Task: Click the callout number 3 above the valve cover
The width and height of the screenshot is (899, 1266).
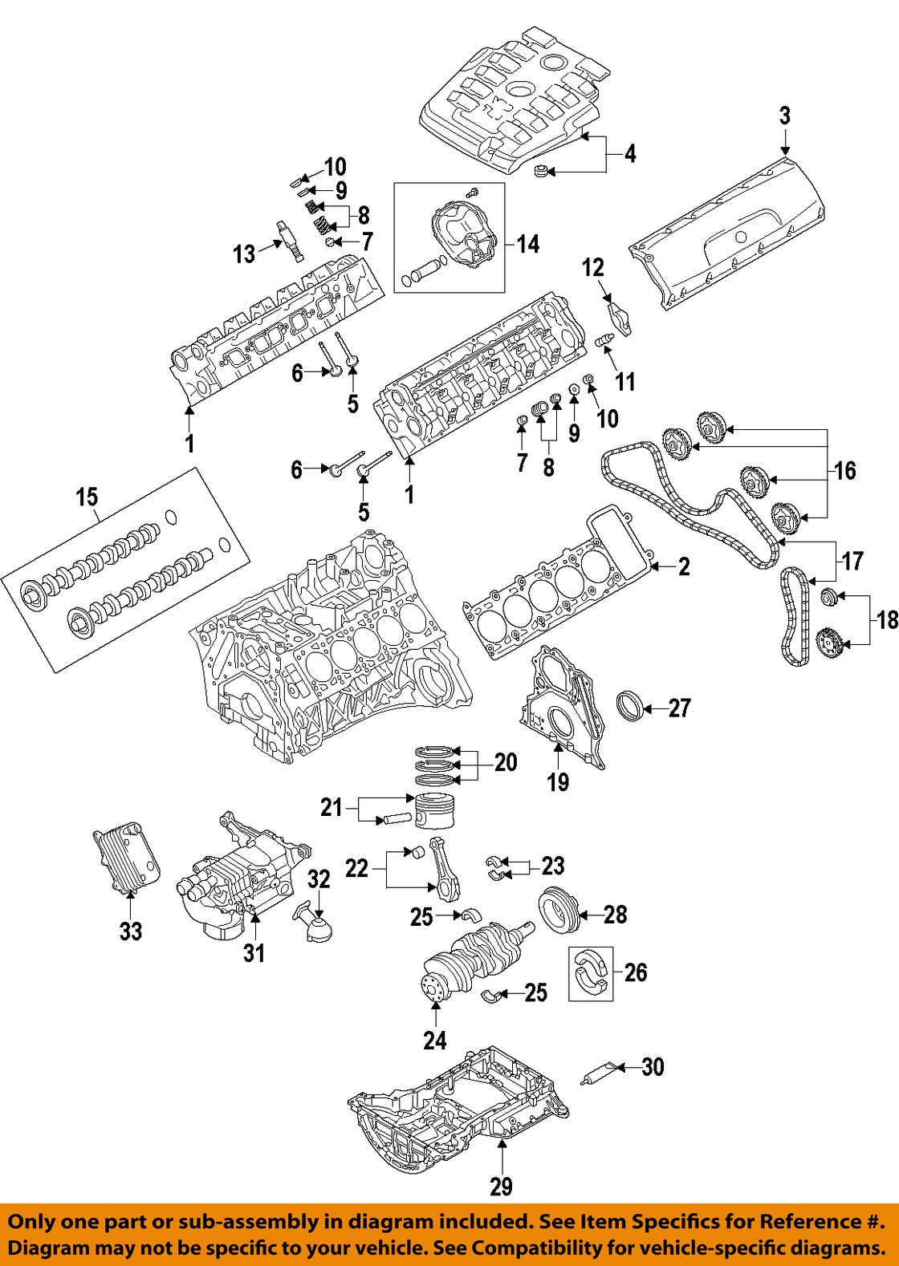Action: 784,116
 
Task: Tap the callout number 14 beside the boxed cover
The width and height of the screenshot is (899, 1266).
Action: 527,244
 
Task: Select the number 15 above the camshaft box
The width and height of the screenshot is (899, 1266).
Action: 87,497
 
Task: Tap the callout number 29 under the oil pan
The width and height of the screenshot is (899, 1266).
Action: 501,1187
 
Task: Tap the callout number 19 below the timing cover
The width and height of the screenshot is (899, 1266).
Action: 558,781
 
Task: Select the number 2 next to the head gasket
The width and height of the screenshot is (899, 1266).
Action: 683,567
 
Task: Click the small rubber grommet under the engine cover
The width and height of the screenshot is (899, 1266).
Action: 542,171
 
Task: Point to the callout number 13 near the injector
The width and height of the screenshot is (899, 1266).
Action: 244,254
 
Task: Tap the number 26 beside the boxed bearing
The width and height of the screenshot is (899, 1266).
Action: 635,973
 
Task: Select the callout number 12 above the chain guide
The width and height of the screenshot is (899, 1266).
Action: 592,268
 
